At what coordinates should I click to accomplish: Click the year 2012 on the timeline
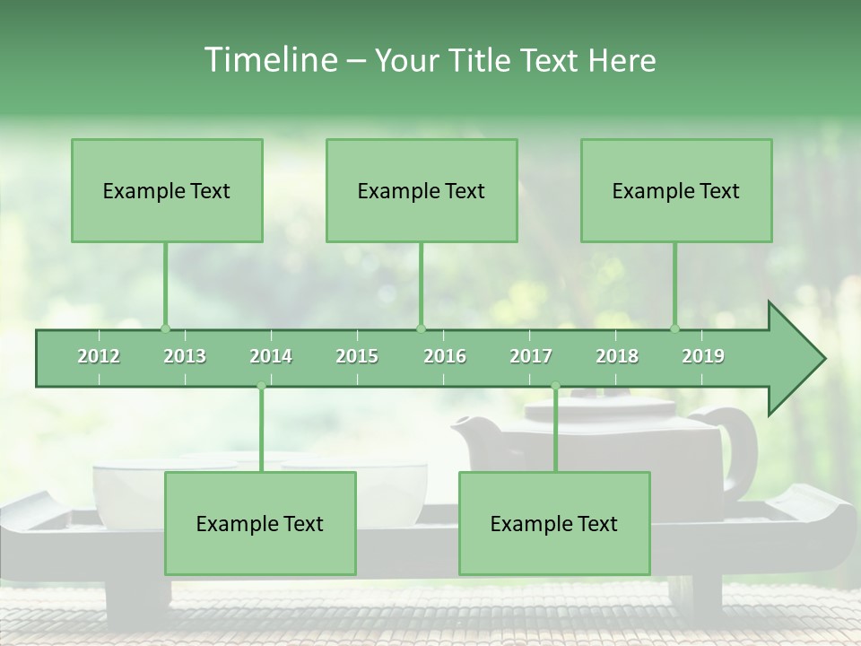pos(99,356)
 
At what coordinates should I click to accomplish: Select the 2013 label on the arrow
pos(185,356)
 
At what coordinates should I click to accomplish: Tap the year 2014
pos(271,356)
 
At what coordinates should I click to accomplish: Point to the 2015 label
pos(357,356)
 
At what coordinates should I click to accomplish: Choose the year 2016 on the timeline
pos(445,356)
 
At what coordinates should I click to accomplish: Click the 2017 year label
pos(531,356)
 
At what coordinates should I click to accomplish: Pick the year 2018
pos(617,356)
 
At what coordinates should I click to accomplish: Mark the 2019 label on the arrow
pos(703,356)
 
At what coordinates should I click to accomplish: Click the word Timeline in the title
pos(269,60)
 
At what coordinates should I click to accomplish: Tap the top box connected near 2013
pos(167,190)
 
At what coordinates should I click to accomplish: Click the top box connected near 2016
pos(422,190)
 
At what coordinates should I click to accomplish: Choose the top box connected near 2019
pos(676,190)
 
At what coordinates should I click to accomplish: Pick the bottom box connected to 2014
pos(260,523)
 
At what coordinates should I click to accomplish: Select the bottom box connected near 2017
pos(554,523)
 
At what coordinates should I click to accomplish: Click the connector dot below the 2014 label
pos(261,387)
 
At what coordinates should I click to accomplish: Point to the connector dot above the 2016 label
pos(421,328)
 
